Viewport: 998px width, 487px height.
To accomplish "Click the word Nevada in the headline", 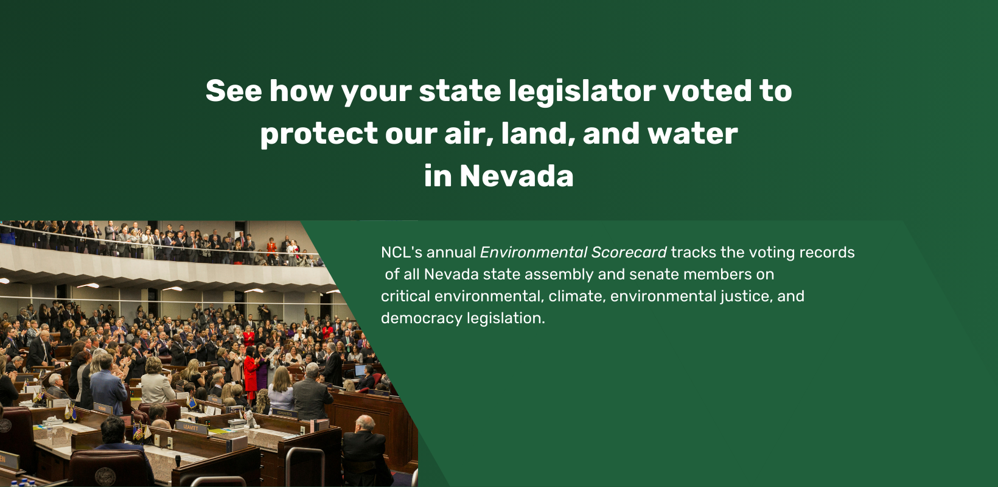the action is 517,176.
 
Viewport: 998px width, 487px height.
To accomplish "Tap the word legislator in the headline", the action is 582,92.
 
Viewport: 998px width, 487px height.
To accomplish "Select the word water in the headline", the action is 693,134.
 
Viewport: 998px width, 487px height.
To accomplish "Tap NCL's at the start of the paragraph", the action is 402,252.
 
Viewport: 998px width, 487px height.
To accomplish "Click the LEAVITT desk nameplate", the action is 190,427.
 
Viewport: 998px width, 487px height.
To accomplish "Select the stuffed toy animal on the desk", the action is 251,419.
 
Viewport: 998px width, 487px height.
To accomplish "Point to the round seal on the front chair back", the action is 105,476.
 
